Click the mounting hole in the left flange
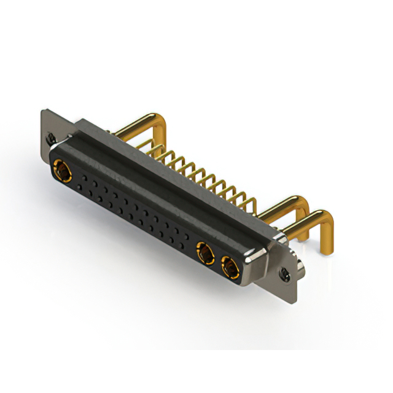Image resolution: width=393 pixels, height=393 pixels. coord(51,139)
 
